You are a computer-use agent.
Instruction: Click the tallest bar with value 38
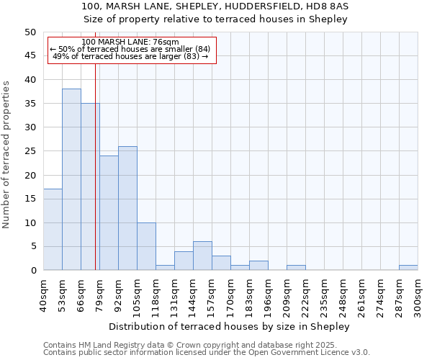pos(71,179)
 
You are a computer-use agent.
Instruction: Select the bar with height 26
pos(127,208)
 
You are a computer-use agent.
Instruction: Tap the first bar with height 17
pos(53,230)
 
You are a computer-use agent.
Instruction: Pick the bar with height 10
pos(146,246)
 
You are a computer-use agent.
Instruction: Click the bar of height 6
pos(202,256)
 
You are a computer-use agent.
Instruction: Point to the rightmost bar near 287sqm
pos(408,268)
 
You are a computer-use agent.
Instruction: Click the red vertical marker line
pos(95,180)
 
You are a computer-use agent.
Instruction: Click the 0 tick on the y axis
pos(33,271)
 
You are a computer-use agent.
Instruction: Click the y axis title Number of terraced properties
pos(6,154)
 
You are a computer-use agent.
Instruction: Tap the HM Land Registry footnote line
pos(206,345)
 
